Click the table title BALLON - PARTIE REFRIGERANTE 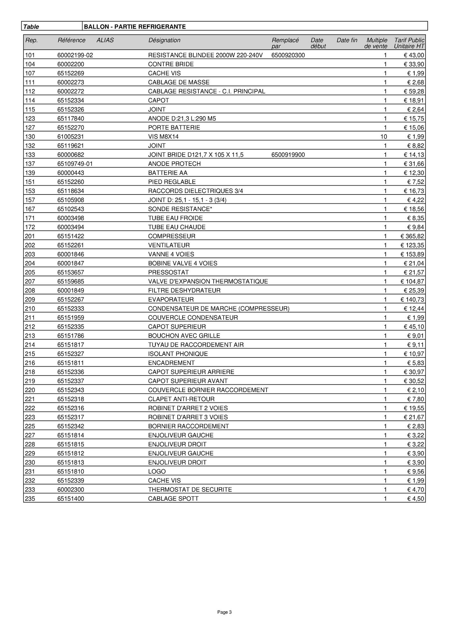135,27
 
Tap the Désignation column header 164,40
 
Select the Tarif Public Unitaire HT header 409,43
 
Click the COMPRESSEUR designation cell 172,236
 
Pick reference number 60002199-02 75,55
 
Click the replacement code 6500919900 288,155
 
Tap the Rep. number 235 30,498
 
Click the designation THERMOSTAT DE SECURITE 190,490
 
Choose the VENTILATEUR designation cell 169,245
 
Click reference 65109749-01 75,164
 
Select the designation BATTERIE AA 167,173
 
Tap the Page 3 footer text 224,612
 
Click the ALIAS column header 105,40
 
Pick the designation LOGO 157,471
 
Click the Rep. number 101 30,55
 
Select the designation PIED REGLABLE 172,182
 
